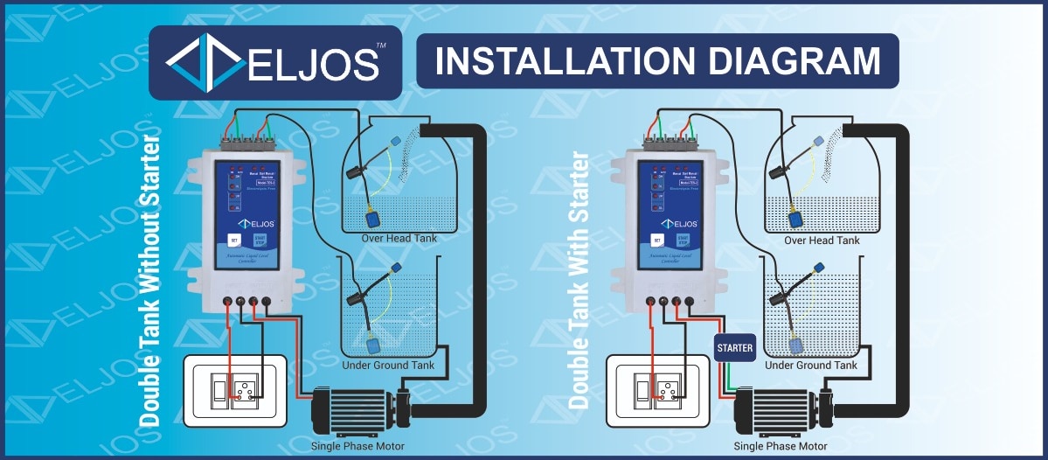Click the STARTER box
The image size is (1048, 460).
(734, 348)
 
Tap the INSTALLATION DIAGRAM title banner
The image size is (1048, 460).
(657, 61)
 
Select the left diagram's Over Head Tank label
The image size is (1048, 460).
(399, 238)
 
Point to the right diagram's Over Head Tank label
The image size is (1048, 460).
(822, 240)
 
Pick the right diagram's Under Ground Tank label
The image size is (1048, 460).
(811, 365)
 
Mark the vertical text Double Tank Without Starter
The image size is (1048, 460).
(150, 280)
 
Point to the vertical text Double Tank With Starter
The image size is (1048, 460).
(578, 280)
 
